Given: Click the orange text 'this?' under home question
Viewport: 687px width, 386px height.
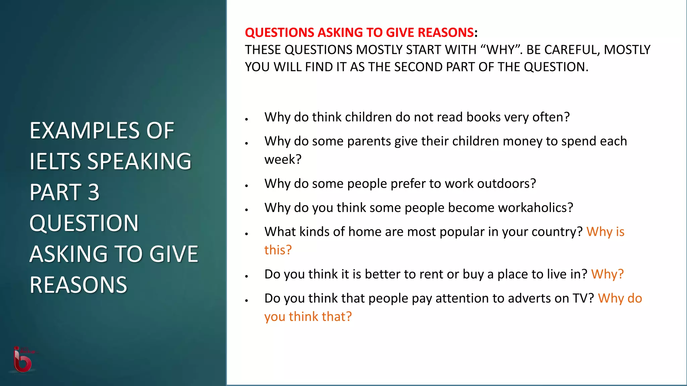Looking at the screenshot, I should [278, 250].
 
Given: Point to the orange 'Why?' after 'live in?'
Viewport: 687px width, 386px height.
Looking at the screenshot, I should [607, 274].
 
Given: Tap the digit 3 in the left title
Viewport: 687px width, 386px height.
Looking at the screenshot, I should [94, 192].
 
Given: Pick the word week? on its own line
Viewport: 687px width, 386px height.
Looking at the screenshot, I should [283, 159].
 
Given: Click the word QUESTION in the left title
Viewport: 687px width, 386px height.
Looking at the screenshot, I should [84, 223].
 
